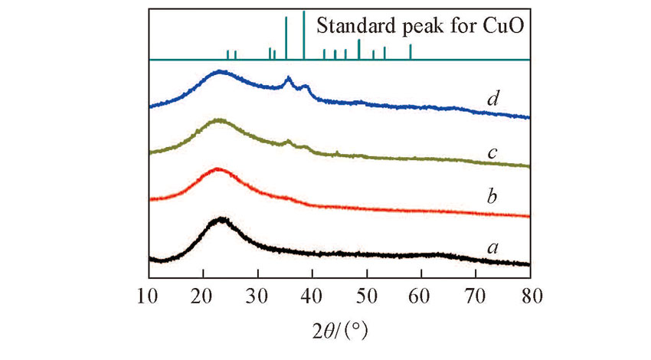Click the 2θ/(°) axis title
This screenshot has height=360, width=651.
point(339,332)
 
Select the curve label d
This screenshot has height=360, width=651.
point(493,99)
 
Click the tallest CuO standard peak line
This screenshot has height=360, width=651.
point(304,35)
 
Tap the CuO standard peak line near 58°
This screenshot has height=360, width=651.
point(411,52)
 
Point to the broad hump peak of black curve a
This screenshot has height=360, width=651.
point(221,220)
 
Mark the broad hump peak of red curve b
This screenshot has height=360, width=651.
point(218,169)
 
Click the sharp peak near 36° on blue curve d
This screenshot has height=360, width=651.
point(288,78)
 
